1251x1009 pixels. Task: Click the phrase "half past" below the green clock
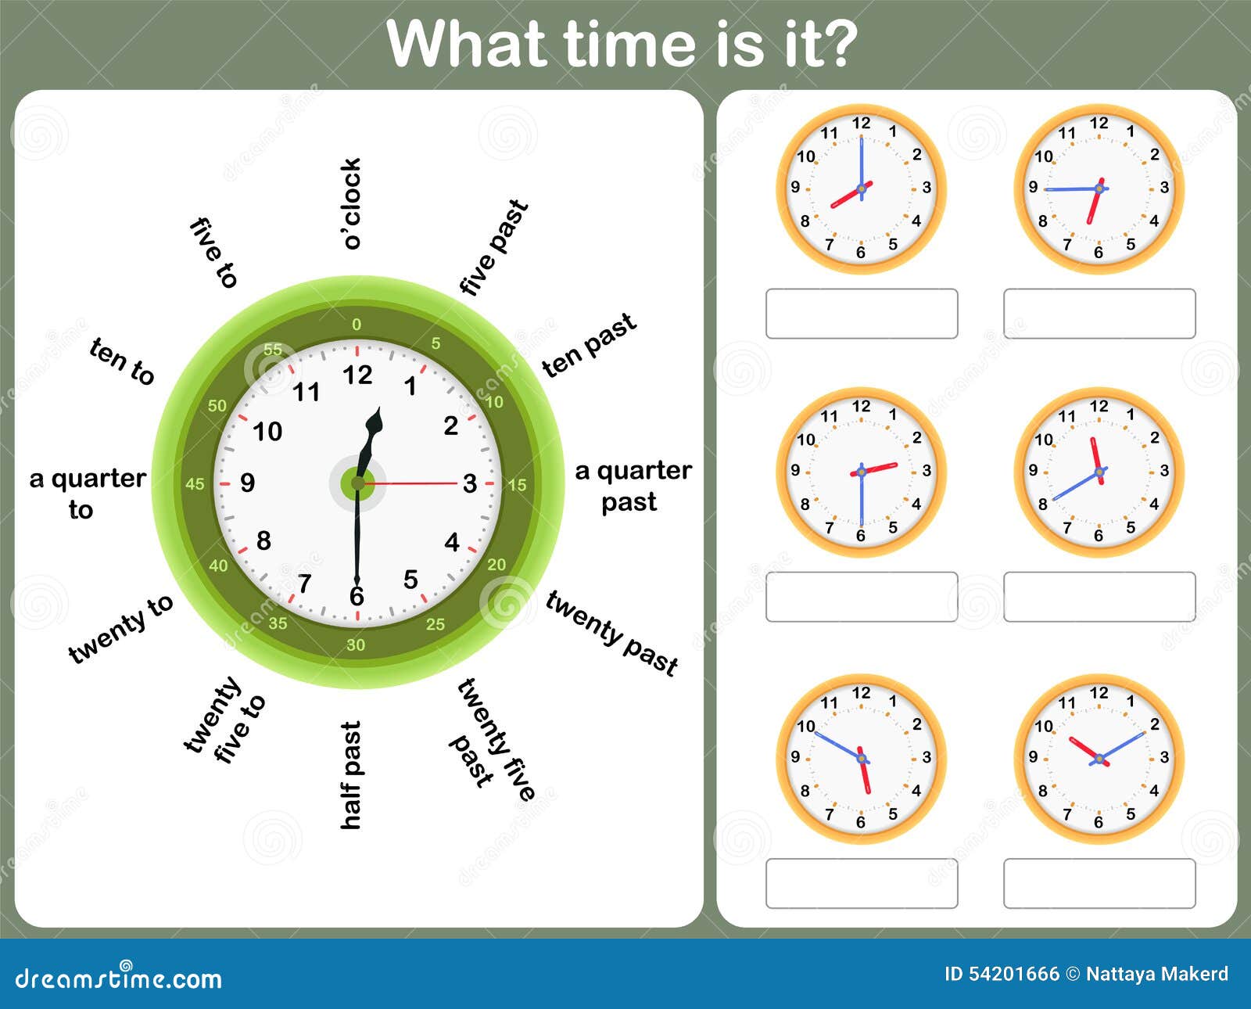point(350,774)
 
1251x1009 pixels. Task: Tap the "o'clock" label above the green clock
point(351,203)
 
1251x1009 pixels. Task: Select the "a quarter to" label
point(88,494)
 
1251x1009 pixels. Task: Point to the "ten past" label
point(589,344)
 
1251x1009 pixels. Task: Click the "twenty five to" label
point(224,720)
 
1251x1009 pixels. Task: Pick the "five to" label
point(213,253)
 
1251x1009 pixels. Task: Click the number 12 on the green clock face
point(357,375)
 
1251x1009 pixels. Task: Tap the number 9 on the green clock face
point(248,483)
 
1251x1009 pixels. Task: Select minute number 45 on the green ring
point(195,484)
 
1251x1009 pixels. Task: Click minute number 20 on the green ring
point(496,564)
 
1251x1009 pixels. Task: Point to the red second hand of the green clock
point(409,483)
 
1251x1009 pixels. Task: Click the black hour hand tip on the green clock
point(380,407)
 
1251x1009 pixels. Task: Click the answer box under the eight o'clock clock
point(862,314)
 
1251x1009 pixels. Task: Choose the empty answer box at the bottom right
point(1099,883)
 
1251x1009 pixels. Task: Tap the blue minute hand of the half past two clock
point(862,502)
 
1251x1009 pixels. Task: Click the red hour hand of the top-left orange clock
point(851,195)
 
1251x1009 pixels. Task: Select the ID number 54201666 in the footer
point(1013,974)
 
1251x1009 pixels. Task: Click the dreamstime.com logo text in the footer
point(118,978)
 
